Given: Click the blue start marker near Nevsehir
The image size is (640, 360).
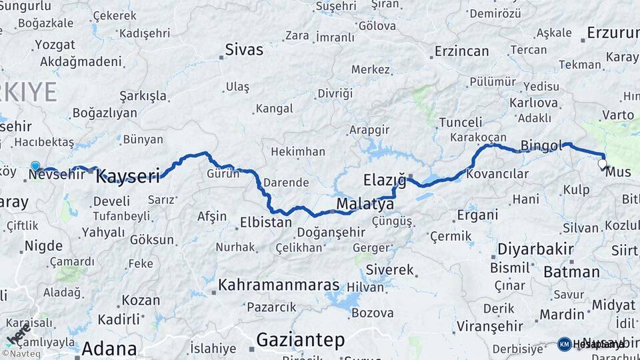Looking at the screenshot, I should point(35,166).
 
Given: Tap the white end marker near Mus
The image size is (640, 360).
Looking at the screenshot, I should point(603,163).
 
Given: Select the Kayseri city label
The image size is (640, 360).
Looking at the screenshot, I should point(128,176).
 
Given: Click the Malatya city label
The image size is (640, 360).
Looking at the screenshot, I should point(365,203).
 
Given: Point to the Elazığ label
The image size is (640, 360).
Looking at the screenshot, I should point(385,180).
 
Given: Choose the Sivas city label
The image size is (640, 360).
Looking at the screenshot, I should point(244,49).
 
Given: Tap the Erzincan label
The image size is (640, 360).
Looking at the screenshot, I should point(462,51).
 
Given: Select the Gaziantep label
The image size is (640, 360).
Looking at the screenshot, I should point(300,340).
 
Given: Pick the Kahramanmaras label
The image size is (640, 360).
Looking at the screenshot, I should point(279,285).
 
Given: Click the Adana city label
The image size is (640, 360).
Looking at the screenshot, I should point(109,349).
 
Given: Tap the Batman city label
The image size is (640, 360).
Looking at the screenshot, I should point(571,271).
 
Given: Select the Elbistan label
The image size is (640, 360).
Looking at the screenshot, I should point(265,222).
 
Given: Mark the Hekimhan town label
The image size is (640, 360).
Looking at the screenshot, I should point(298,151).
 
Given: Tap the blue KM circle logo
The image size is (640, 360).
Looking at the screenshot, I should point(564,344).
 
